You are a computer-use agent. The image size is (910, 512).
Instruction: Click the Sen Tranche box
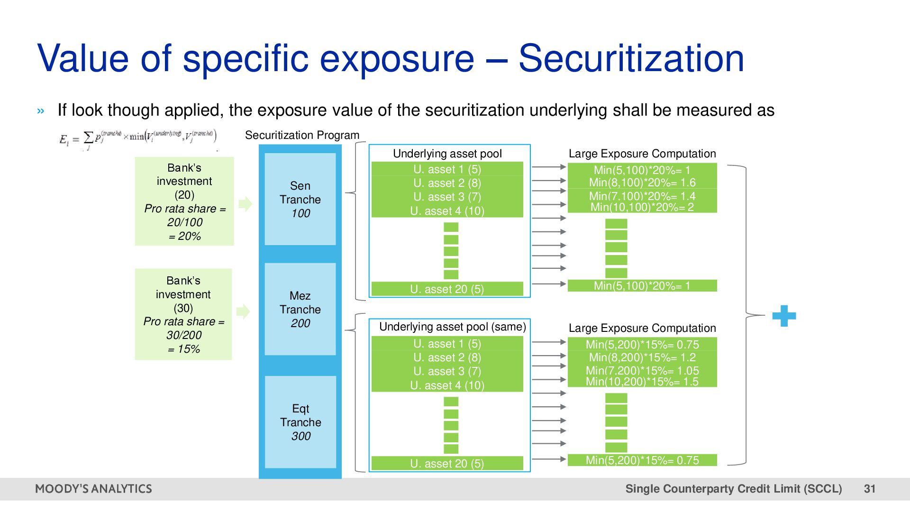pos(300,199)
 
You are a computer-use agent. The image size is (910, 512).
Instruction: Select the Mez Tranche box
pos(300,309)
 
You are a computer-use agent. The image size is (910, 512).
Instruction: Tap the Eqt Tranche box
pos(300,422)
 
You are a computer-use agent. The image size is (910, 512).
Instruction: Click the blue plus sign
pos(784,316)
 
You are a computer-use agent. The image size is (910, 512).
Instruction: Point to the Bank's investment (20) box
pos(184,201)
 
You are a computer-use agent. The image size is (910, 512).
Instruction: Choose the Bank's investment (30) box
pos(183,314)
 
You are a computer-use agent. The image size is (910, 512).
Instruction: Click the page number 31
pos(869,489)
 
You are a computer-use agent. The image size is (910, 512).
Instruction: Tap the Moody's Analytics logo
pos(93,489)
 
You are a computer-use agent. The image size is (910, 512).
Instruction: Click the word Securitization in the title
pos(631,58)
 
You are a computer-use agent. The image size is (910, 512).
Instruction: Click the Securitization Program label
pos(302,135)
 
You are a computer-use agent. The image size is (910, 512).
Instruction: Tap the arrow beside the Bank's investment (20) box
pos(245,204)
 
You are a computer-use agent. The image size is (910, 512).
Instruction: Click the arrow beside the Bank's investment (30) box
pos(243,311)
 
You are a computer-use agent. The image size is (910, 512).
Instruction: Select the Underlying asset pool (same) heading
pos(452,327)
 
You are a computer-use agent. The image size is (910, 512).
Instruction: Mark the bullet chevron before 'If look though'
pos(41,111)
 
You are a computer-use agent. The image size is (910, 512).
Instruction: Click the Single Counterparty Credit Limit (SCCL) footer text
pos(733,489)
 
